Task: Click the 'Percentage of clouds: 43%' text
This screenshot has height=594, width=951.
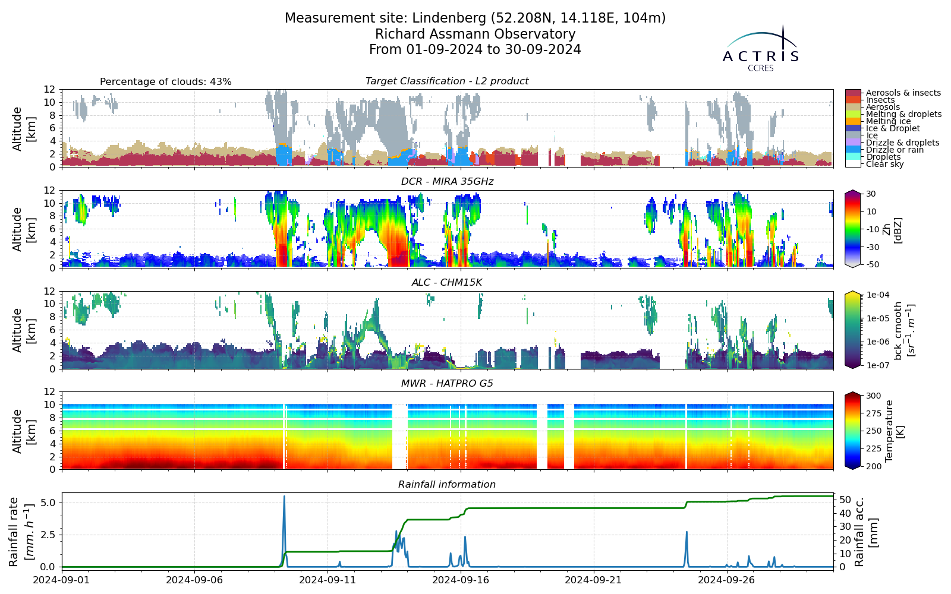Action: click(166, 81)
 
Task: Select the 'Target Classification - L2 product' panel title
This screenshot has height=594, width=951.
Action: click(447, 81)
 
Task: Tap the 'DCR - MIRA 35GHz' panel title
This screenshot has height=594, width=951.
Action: click(447, 182)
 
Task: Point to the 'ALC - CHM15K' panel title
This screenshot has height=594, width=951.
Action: click(447, 283)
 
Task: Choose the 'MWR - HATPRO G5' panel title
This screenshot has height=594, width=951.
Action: click(447, 384)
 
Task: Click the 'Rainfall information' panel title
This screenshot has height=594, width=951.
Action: click(447, 485)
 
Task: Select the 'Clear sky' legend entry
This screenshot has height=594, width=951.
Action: click(885, 164)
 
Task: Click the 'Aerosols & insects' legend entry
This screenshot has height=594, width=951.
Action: click(903, 93)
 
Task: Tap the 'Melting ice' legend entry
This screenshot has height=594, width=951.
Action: click(888, 121)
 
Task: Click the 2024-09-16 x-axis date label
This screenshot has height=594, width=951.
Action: click(461, 580)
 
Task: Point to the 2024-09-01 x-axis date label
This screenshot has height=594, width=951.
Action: click(62, 580)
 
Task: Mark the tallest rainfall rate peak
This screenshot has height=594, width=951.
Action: click(285, 497)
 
